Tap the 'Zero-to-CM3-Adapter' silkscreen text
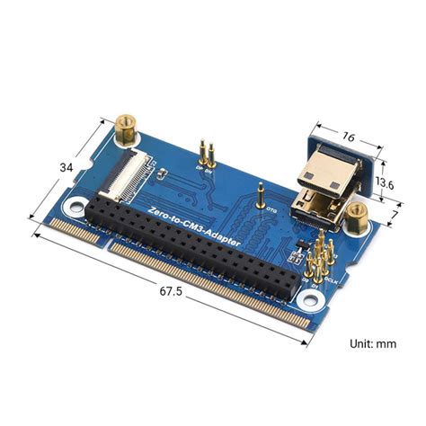(x=193, y=225)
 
